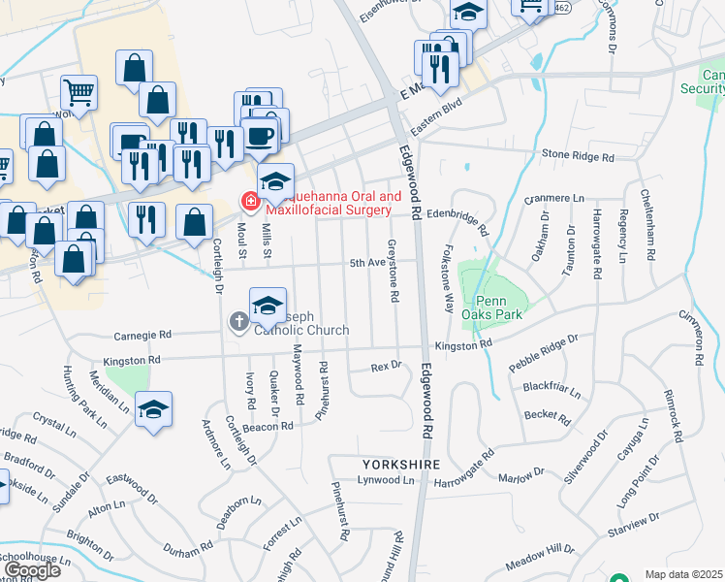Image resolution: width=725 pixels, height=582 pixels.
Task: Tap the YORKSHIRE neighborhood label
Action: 402,465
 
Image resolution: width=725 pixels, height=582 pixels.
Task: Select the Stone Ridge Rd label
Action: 579,155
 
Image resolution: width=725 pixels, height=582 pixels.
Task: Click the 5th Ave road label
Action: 368,263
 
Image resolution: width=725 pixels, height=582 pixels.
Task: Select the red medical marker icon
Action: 249,202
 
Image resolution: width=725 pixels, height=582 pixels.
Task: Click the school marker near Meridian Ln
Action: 154,409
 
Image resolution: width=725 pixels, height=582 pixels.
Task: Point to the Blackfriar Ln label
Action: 552,389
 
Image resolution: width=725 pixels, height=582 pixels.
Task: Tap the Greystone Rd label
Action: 393,270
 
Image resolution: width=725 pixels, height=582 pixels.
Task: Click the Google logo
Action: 31,570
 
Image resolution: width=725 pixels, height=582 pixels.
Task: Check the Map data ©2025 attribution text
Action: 683,574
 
